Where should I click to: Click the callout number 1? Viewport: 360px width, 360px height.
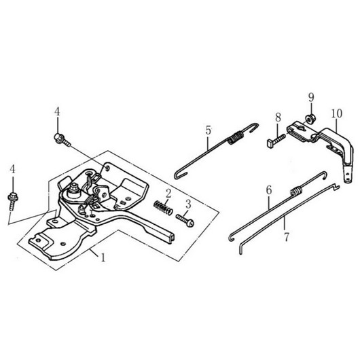[x=103, y=257]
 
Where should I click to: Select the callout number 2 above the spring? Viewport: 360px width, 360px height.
[x=168, y=194]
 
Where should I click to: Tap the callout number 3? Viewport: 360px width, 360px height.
[x=188, y=204]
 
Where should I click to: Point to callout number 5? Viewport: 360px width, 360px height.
[x=208, y=130]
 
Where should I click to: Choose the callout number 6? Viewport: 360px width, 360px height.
[x=269, y=190]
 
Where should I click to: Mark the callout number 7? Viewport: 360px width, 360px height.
[x=286, y=237]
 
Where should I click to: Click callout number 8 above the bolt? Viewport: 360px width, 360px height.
[x=278, y=118]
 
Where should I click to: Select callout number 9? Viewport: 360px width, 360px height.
[x=311, y=98]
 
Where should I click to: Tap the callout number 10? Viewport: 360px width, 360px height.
[x=337, y=113]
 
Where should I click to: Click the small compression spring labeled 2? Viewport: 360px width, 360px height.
[x=163, y=208]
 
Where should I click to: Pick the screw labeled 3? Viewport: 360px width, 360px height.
[x=185, y=220]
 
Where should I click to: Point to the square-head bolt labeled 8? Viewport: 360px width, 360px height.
[x=276, y=141]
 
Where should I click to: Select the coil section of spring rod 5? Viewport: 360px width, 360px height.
[x=235, y=138]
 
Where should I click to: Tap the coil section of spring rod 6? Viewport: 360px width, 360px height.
[x=297, y=191]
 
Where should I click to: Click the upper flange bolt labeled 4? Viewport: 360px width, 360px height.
[x=62, y=140]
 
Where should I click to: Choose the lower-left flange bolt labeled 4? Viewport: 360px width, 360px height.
[x=12, y=201]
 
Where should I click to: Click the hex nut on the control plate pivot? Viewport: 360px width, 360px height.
[x=74, y=190]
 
